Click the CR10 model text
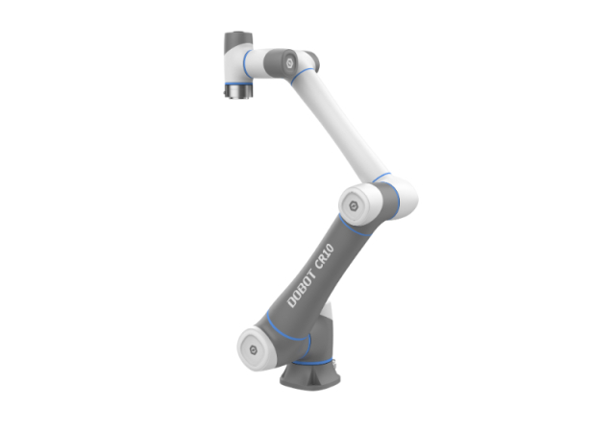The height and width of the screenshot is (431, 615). tap(325, 256)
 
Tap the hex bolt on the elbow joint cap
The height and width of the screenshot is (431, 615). tap(354, 205)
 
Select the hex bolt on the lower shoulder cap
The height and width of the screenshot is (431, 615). tap(254, 349)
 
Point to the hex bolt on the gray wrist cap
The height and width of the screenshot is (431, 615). tap(290, 62)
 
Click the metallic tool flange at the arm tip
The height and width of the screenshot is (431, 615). tap(238, 92)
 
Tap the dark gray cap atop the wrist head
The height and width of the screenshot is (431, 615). tap(238, 41)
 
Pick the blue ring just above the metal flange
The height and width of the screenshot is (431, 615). tap(238, 84)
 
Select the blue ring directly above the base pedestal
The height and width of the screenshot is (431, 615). tap(314, 362)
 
